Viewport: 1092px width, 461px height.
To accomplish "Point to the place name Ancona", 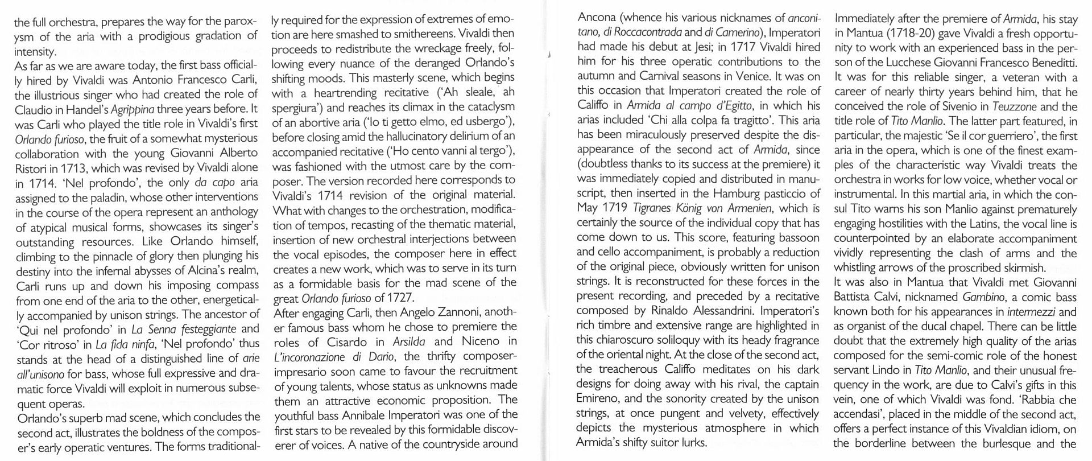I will pos(596,18).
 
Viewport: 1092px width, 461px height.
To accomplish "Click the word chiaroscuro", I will pos(628,340).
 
